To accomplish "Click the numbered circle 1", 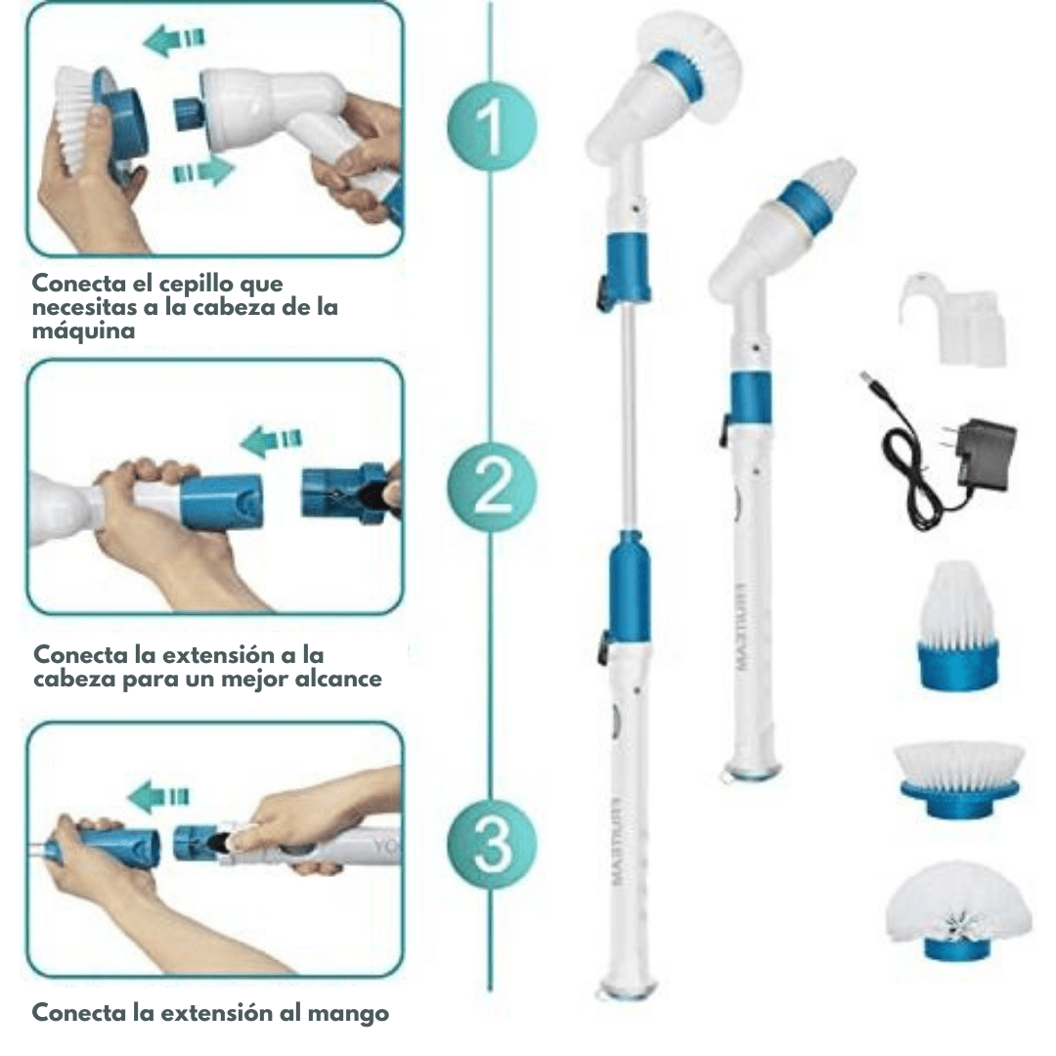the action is tap(492, 126).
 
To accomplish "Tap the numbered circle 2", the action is tap(492, 486).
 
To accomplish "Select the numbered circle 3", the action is tap(492, 845).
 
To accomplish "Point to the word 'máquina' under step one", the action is tap(83, 330).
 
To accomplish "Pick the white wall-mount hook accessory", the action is tap(952, 319).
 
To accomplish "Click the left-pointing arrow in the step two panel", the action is tap(271, 440).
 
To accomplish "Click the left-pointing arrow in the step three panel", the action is tap(158, 797).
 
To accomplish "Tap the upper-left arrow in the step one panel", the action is tap(174, 39).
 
